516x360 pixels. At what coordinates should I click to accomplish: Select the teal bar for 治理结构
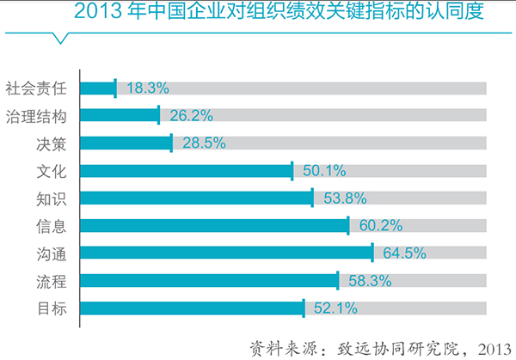click(120, 115)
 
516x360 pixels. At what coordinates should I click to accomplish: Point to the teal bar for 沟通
click(226, 253)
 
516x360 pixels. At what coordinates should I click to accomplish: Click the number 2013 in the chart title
click(95, 13)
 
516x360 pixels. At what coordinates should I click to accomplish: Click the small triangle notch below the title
click(62, 37)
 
